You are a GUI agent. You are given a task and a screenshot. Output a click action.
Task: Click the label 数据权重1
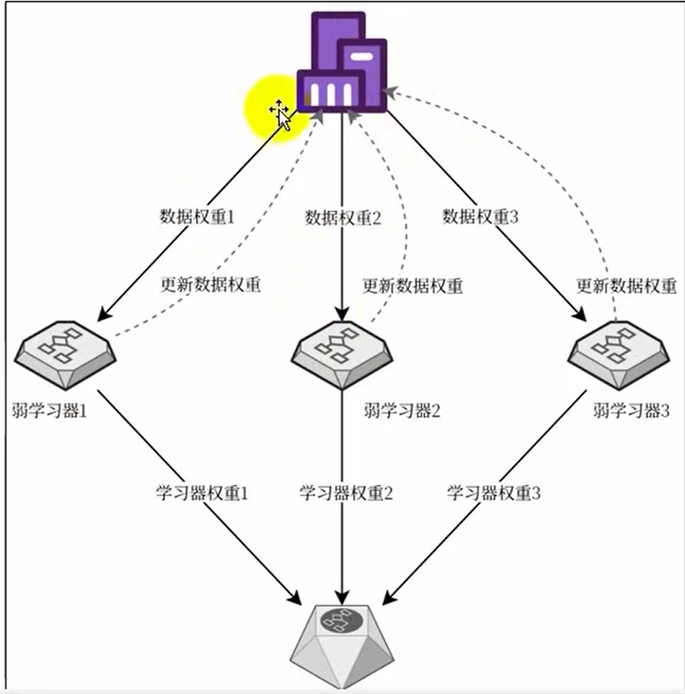197,217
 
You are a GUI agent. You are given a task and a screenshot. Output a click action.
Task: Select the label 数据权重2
342,217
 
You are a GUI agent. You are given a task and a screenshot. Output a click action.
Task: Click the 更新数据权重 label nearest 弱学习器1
211,285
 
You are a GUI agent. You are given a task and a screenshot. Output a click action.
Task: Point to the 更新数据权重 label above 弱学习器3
627,285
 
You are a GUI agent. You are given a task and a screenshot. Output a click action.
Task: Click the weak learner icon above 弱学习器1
64,353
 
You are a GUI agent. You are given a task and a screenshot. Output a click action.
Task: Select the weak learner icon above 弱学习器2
342,353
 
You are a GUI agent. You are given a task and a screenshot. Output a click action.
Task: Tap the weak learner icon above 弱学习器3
617,353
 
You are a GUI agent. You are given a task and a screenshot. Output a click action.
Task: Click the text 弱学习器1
51,411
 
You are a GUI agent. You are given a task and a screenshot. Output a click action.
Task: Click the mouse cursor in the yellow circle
281,113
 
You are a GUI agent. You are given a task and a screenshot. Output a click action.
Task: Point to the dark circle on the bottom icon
340,622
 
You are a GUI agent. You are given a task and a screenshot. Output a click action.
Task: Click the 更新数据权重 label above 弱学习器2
413,285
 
